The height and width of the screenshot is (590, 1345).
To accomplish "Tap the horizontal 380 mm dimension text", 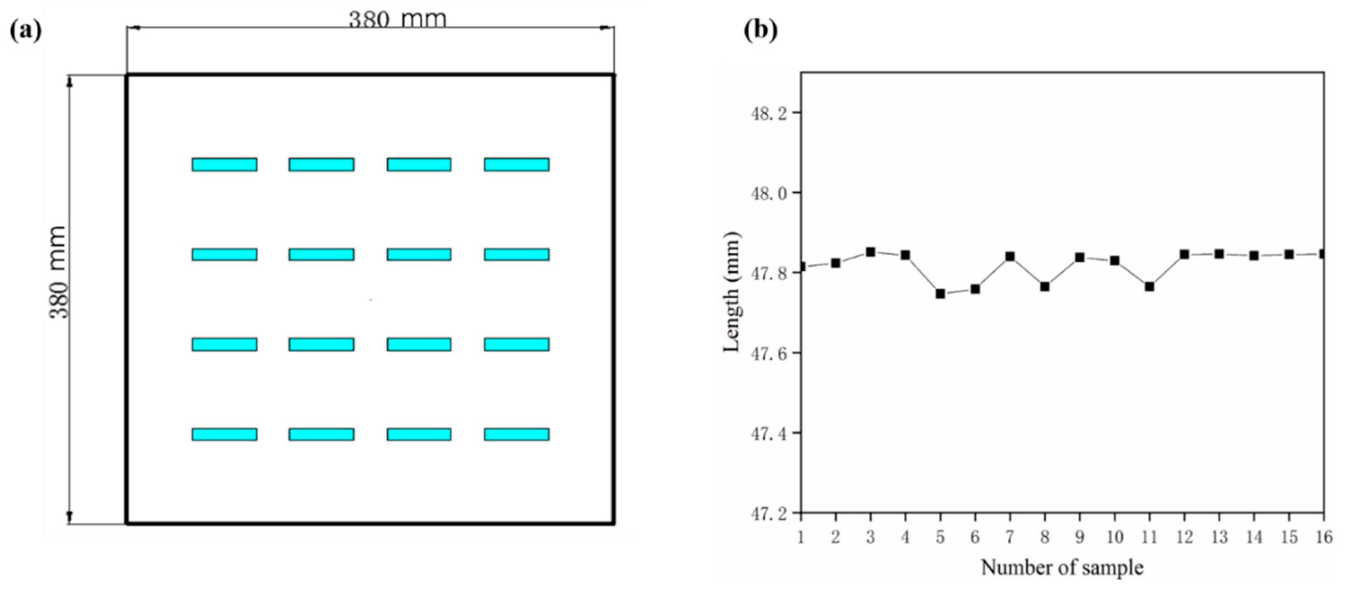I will pos(397,20).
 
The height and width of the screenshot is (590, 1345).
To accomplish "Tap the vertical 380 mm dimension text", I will pos(59,272).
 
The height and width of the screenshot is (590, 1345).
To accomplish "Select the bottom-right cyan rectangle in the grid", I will pos(516,435).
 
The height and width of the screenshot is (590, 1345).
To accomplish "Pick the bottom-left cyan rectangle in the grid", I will pos(225,435).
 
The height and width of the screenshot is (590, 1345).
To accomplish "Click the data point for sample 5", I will pos(940,294).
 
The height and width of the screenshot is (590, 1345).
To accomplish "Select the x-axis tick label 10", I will pos(1115,537).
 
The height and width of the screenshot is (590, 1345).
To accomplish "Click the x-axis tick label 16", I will pos(1324,537).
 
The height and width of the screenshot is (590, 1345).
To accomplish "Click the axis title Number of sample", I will pos(1062,568).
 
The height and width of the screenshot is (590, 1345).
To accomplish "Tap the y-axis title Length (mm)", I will pos(732,292).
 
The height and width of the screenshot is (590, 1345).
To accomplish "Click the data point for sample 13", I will pos(1219,254).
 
